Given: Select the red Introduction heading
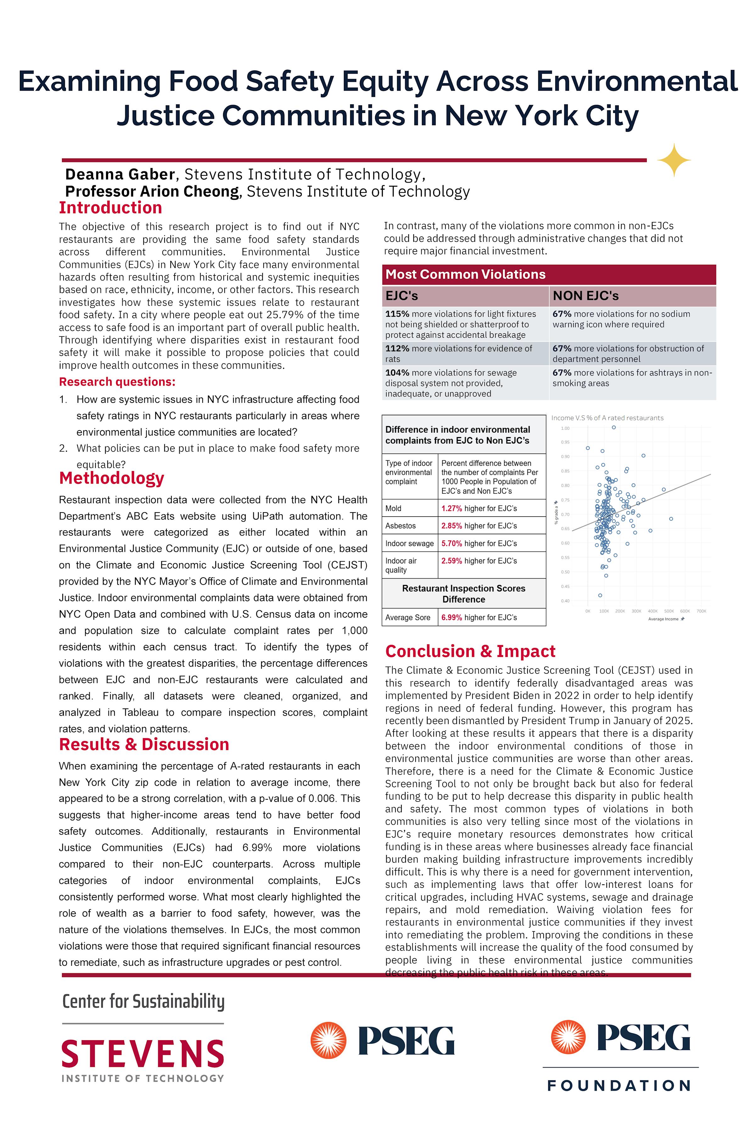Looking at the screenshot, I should click(110, 208).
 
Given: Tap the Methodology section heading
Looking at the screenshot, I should click(111, 478).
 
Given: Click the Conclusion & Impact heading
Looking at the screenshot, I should click(470, 651).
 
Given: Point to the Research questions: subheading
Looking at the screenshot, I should click(117, 382).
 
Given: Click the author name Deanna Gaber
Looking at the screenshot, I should click(120, 174).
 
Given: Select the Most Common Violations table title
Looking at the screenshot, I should click(465, 274).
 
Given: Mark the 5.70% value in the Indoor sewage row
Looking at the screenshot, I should click(452, 543).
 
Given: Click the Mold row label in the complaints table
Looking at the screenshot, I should click(394, 508).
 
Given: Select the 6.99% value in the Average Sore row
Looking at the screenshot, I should click(452, 618).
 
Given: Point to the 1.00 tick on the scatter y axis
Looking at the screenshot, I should click(565, 428).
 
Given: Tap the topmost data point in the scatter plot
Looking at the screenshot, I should click(613, 427).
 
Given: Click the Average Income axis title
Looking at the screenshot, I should click(663, 619).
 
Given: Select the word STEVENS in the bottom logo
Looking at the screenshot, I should click(143, 1054).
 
